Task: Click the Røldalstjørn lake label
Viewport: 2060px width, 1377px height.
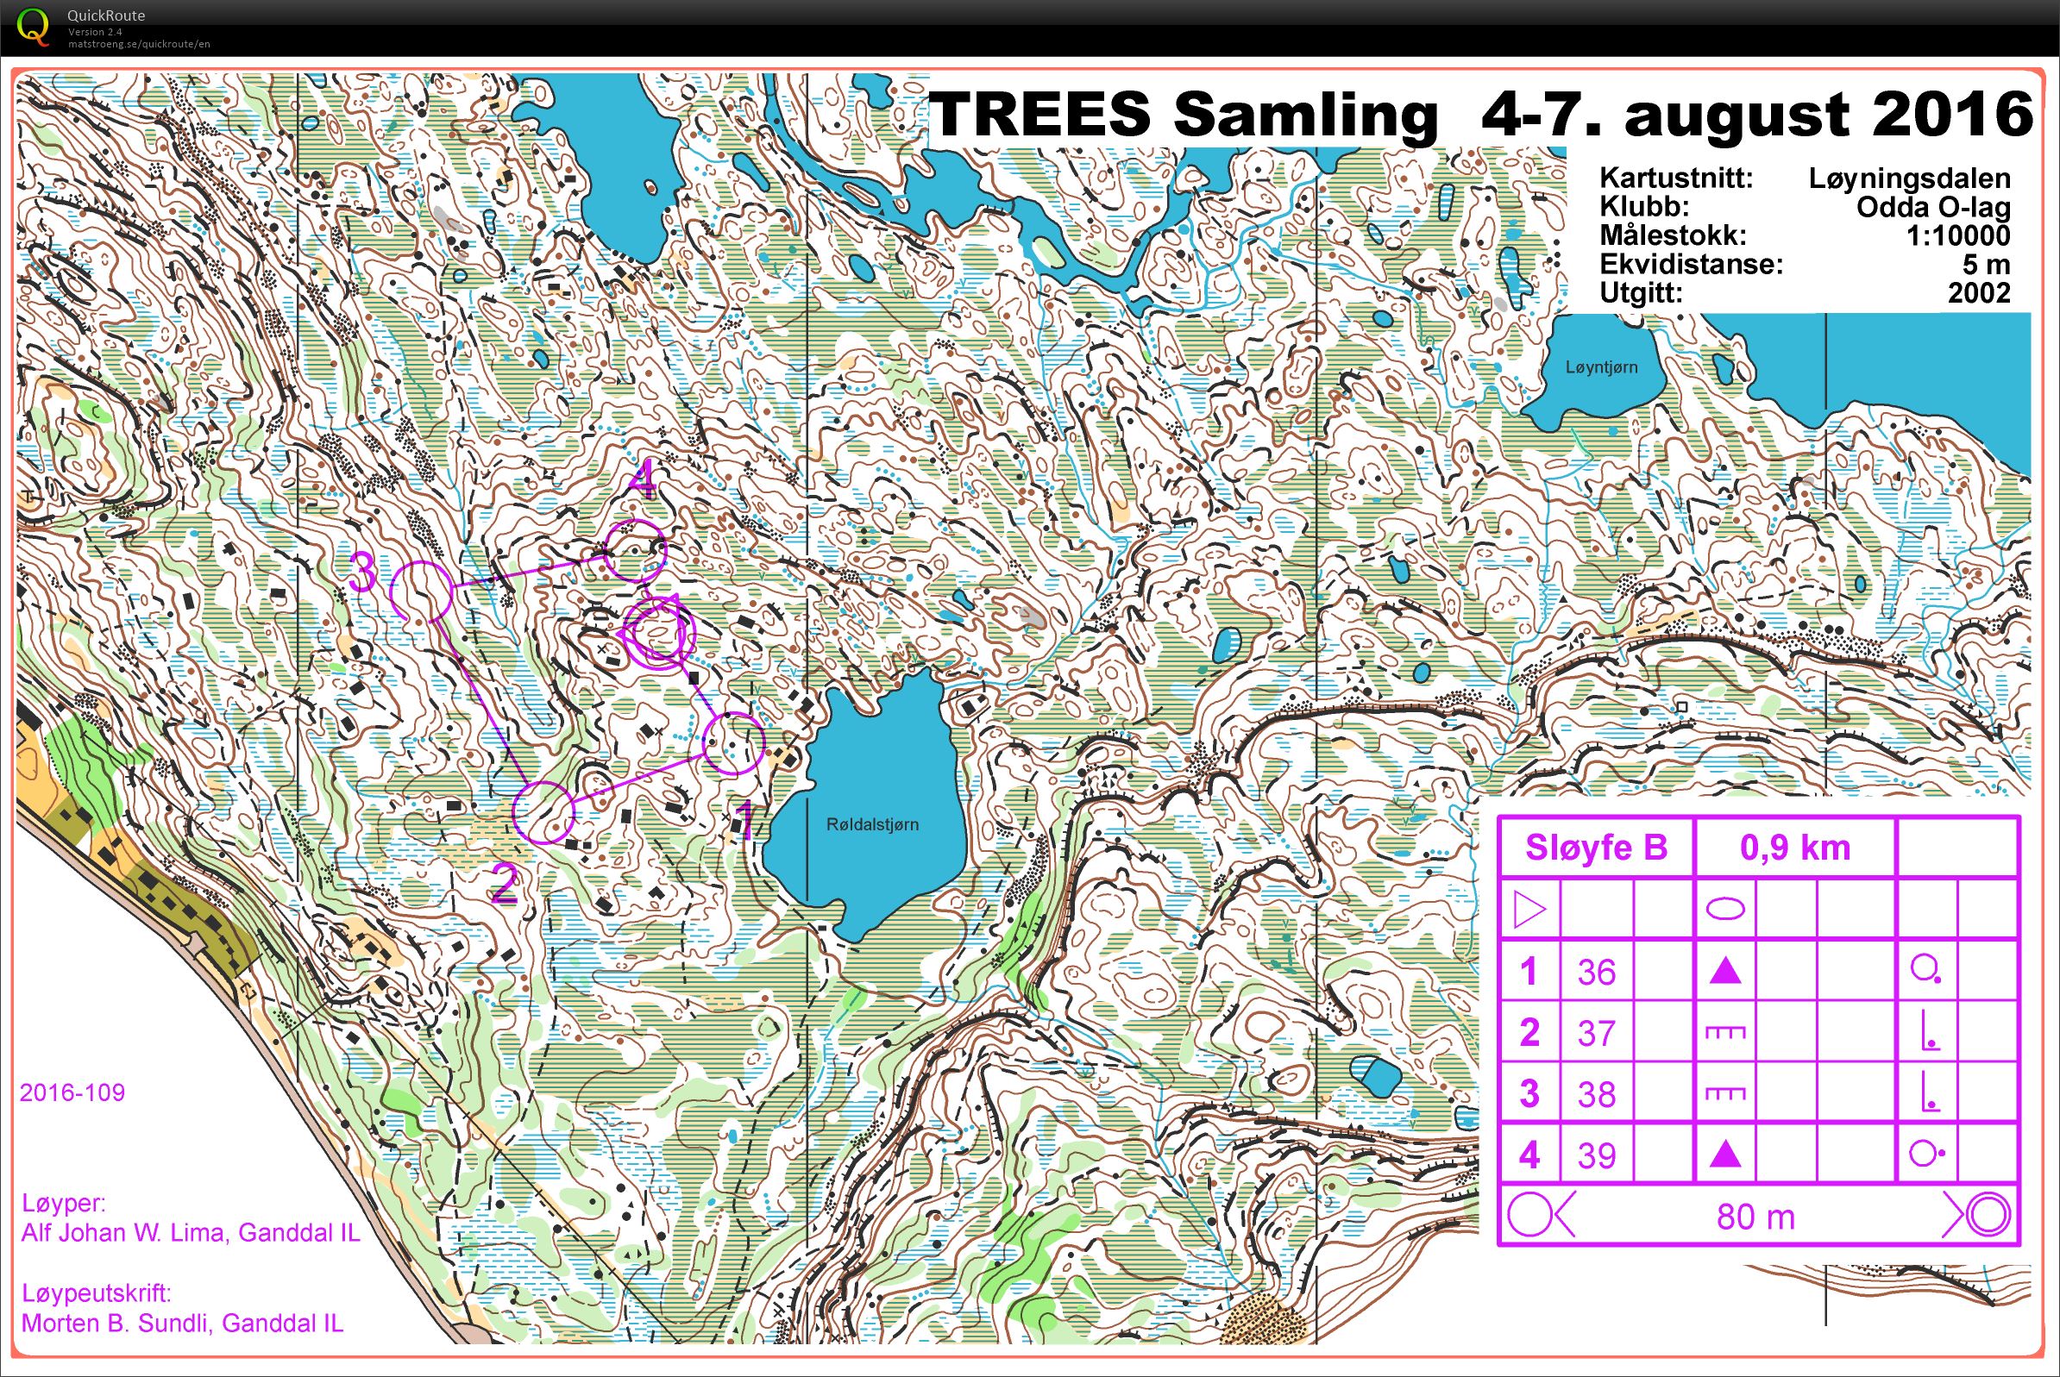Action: [871, 824]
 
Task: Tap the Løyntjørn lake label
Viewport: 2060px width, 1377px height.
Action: [1600, 367]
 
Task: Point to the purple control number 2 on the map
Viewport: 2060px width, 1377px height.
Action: [504, 884]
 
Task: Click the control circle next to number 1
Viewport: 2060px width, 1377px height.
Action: [733, 744]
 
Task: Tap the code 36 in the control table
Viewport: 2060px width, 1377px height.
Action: [1596, 972]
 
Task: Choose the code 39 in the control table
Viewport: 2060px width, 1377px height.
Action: [1596, 1155]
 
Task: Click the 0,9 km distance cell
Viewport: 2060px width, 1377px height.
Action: [1794, 848]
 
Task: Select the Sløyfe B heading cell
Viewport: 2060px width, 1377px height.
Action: [1595, 848]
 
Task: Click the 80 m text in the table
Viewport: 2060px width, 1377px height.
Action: [1755, 1217]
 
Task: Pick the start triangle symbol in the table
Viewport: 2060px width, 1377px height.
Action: [1529, 910]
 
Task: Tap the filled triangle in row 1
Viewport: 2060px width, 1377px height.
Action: [1724, 971]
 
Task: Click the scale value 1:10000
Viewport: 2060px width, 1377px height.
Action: [1957, 235]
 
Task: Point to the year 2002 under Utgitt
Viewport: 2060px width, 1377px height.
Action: [1978, 292]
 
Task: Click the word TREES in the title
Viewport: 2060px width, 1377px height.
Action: [1039, 114]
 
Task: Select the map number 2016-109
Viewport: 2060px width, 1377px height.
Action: [72, 1092]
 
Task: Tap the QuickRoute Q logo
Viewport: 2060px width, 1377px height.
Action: [34, 27]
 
